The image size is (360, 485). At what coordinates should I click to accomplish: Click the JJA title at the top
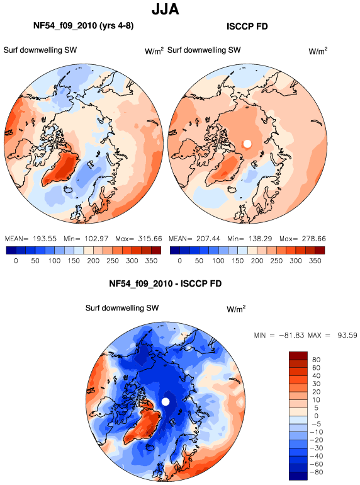166,9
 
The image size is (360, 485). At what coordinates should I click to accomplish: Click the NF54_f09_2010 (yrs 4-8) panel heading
84,26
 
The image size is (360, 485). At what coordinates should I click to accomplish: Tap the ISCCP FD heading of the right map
247,26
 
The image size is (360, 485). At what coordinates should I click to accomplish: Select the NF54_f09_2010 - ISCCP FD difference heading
166,283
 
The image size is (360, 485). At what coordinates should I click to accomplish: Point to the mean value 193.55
45,239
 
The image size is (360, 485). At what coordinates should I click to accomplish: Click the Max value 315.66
150,239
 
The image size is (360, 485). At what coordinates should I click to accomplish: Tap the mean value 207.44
208,239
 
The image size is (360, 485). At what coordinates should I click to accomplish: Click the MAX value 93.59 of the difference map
347,335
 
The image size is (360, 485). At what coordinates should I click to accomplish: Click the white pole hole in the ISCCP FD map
247,144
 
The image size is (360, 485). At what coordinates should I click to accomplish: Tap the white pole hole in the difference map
166,402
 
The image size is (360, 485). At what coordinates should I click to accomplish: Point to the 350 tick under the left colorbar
152,261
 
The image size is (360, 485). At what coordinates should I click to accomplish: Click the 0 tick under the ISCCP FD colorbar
180,261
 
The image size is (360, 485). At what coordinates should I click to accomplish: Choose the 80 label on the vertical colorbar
316,360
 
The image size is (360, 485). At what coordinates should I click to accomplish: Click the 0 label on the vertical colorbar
316,416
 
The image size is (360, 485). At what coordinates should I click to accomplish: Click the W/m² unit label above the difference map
236,309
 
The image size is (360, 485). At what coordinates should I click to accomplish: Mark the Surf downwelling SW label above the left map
40,50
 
